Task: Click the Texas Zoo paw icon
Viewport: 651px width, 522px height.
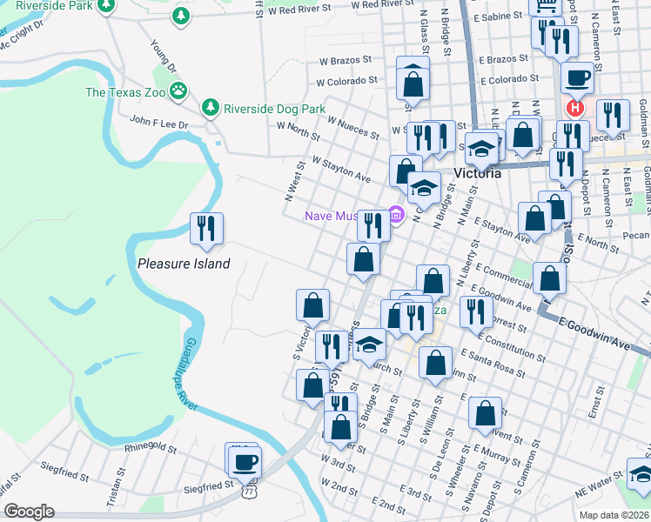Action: click(178, 90)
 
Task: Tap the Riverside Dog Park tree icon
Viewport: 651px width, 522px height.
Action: click(210, 108)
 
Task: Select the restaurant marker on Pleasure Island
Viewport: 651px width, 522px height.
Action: click(206, 229)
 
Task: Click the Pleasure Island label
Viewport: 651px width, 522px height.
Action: click(184, 264)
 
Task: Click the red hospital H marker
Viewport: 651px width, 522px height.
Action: click(575, 109)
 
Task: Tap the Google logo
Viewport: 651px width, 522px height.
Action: click(29, 512)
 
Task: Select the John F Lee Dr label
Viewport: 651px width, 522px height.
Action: click(158, 124)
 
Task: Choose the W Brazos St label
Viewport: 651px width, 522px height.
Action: click(345, 62)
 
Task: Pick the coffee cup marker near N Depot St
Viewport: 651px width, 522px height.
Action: click(577, 78)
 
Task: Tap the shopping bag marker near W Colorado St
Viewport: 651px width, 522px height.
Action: click(413, 84)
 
